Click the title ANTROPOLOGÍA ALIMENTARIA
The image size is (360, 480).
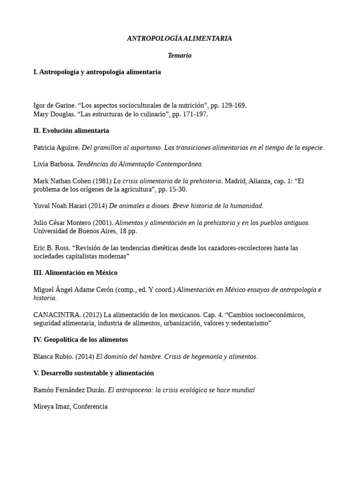[x=180, y=38]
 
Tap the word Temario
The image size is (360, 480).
[x=180, y=55]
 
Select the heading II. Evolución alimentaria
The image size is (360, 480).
[x=71, y=130]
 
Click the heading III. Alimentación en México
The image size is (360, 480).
[x=75, y=272]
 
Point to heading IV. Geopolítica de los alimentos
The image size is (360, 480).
[x=81, y=339]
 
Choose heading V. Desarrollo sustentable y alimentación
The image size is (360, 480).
[x=94, y=373]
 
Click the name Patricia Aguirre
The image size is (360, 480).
[x=56, y=147]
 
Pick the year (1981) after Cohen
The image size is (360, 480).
[x=102, y=181]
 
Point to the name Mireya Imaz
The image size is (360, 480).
[x=51, y=406]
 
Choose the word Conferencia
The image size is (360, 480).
[x=90, y=406]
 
